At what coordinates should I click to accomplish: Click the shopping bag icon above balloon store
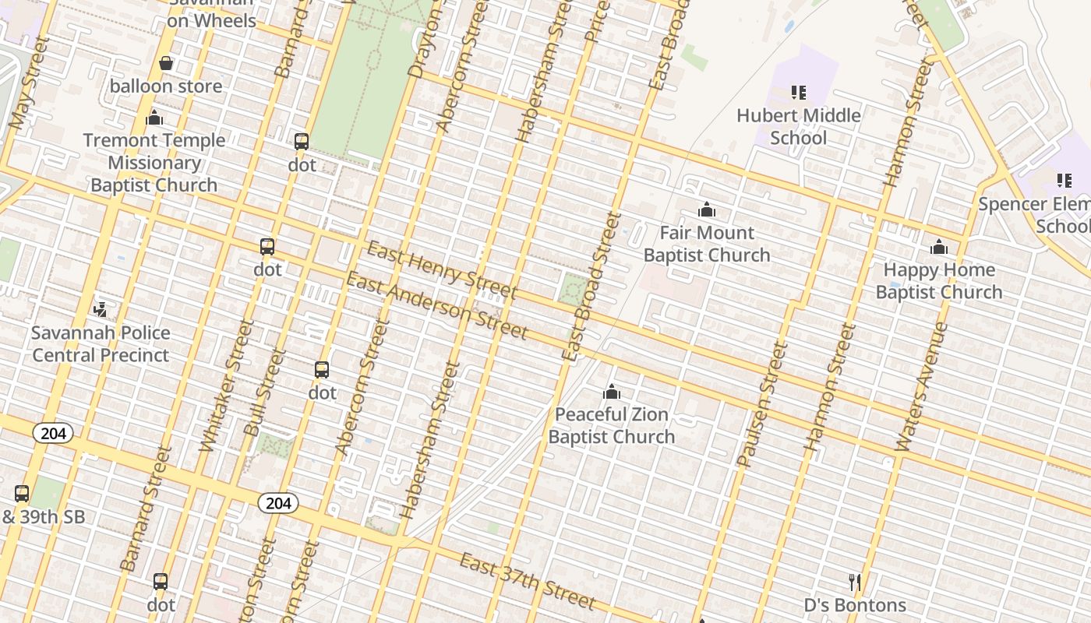(166, 63)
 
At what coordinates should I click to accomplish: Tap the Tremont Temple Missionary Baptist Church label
(154, 163)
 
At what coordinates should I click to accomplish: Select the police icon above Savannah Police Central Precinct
(100, 310)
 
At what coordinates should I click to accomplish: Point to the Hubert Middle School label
(799, 127)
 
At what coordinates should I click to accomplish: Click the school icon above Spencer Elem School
(1064, 181)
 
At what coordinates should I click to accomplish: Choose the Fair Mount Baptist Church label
(707, 244)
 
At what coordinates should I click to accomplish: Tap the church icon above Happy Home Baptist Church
(939, 248)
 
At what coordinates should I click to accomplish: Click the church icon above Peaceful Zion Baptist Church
(612, 391)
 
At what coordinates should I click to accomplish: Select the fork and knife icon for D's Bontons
(855, 583)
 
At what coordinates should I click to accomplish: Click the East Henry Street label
(441, 271)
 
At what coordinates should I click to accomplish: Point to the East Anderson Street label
(436, 306)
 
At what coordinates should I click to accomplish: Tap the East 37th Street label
(528, 581)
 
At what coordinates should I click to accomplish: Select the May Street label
(30, 82)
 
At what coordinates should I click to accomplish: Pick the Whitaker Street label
(227, 385)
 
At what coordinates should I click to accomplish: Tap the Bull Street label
(265, 392)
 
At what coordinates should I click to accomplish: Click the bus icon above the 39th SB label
(22, 493)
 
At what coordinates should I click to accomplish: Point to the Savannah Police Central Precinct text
(100, 344)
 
